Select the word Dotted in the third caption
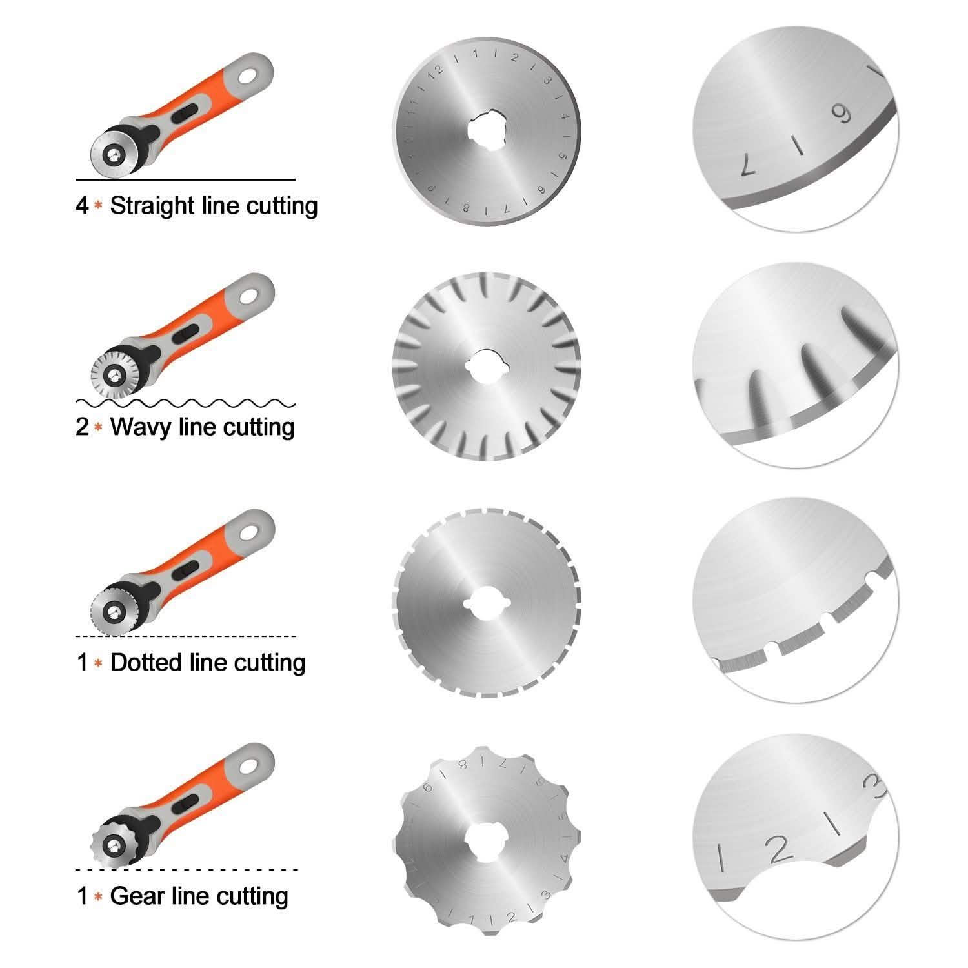tap(147, 663)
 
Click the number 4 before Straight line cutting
tap(82, 207)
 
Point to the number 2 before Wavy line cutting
tap(82, 427)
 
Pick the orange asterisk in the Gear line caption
tap(98, 896)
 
